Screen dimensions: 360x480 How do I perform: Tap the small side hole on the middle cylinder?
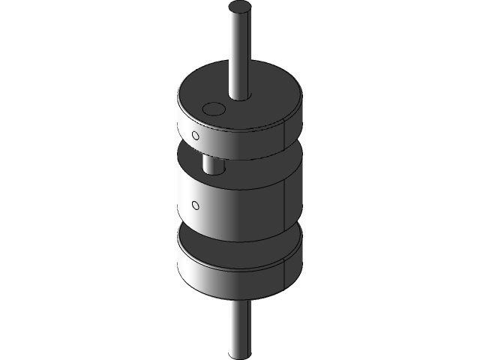point(196,204)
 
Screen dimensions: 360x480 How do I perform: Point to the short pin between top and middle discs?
point(213,164)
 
